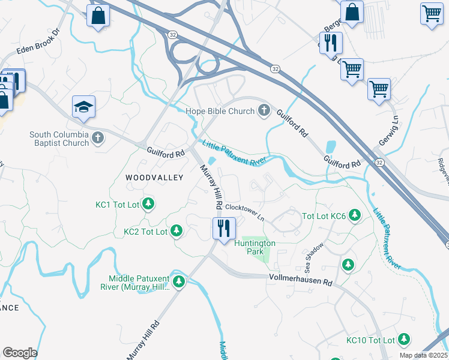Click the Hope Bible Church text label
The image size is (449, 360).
(220, 111)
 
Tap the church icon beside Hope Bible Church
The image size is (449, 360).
(263, 110)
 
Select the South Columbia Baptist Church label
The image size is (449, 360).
(59, 139)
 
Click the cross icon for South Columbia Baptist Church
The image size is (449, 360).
(98, 139)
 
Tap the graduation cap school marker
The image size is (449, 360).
(83, 107)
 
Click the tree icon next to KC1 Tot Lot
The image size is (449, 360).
(148, 205)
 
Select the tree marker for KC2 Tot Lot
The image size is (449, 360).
(176, 231)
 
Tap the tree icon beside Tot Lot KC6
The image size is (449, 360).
(355, 215)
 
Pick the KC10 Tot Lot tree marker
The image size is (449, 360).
(404, 340)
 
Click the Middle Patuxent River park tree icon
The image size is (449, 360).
(178, 281)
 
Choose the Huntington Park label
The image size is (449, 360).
(255, 247)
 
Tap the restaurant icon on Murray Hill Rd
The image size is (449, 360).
(224, 228)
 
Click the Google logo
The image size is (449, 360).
(20, 352)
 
